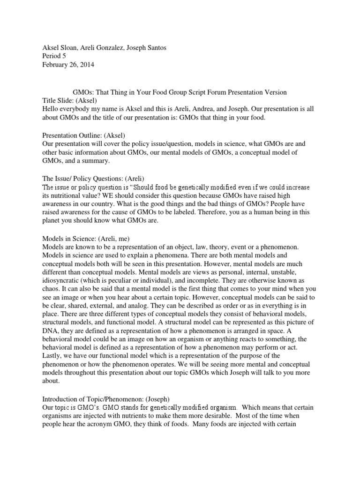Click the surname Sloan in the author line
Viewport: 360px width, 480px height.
pyautogui.click(x=69, y=48)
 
